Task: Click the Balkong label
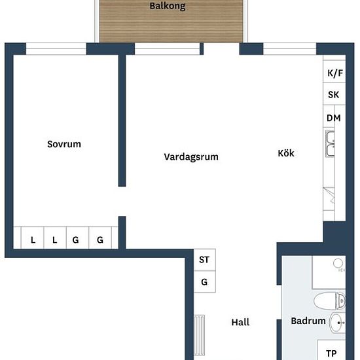(168, 6)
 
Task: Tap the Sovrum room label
(64, 144)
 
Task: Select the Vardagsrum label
(191, 157)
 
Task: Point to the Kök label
(286, 153)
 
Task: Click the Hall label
(240, 322)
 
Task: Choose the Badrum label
(308, 321)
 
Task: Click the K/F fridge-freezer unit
(334, 71)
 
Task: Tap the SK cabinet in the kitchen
(334, 94)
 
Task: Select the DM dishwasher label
(334, 118)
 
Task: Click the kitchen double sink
(330, 144)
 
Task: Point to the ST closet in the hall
(205, 260)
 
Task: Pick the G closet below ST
(205, 281)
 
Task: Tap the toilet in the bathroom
(329, 301)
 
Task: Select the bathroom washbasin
(337, 323)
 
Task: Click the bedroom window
(56, 48)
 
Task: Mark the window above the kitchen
(290, 48)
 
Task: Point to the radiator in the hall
(199, 335)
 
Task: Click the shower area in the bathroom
(329, 272)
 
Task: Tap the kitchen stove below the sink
(329, 199)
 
